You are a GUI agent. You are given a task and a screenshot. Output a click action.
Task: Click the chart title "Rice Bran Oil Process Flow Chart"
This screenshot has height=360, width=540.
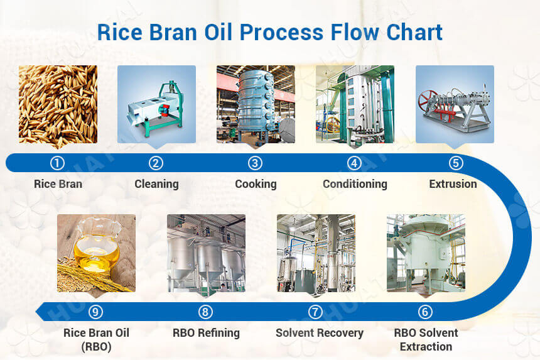pos(269,32)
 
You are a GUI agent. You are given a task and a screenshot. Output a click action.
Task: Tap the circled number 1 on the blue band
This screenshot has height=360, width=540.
pos(58,163)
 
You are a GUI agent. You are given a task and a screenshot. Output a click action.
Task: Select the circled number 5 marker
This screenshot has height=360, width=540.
pos(456,163)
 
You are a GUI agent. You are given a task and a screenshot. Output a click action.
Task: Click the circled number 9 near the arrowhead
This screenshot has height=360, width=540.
pos(95,312)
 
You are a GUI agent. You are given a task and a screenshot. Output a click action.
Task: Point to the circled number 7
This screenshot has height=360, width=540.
pos(316,312)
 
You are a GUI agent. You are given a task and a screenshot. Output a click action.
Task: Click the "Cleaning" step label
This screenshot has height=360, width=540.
pos(156,184)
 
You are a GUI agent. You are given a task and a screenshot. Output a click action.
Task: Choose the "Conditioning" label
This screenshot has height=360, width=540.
pos(355,184)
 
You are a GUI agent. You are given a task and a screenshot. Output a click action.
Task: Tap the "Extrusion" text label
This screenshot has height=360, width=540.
pos(453,184)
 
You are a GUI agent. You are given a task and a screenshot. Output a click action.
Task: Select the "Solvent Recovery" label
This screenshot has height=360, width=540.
pos(320,332)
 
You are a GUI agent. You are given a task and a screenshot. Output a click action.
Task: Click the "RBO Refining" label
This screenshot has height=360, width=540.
pos(206,332)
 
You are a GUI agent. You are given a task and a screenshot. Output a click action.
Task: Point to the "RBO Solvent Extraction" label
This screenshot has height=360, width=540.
pos(426,339)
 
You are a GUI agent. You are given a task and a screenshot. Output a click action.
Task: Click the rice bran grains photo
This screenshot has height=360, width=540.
pos(58,104)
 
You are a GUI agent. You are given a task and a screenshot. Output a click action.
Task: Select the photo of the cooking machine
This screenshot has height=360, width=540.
pos(256,104)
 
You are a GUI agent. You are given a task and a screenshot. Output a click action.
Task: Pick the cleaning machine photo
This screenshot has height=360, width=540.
pos(156,104)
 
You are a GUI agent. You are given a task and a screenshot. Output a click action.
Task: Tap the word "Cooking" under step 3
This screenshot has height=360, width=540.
pos(256,184)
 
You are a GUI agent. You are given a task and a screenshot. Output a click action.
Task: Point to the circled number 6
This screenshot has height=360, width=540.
pos(425,312)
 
